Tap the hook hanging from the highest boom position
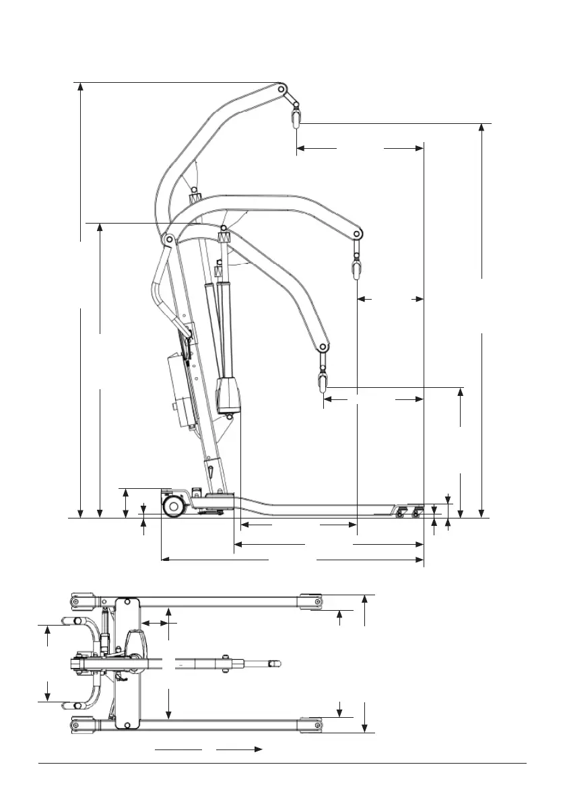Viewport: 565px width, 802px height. (x=295, y=119)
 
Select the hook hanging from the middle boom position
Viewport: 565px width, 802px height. (x=356, y=270)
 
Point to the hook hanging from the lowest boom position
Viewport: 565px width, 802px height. (x=323, y=384)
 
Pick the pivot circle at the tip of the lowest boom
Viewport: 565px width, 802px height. (x=323, y=347)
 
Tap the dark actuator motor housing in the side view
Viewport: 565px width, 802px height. (x=229, y=397)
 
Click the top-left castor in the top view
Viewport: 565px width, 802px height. (x=77, y=601)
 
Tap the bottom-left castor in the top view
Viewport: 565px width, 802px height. (x=77, y=724)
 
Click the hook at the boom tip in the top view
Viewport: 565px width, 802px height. (x=273, y=663)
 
